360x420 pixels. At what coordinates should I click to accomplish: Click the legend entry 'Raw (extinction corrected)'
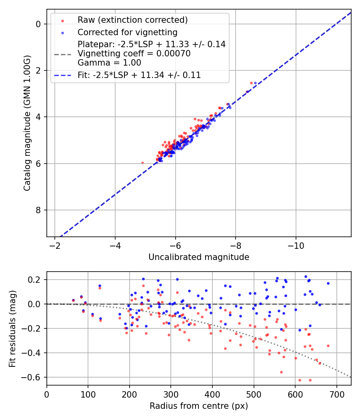tap(132, 20)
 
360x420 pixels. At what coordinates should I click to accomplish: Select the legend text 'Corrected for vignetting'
tap(128, 32)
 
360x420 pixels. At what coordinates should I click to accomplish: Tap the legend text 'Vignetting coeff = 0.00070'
tap(134, 53)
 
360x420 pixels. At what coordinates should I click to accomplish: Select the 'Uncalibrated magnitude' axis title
tap(199, 257)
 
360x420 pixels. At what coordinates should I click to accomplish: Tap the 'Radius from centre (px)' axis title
tap(199, 406)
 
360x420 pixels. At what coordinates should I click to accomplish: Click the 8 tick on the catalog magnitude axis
tap(39, 210)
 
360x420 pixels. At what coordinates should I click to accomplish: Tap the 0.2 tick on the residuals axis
tap(36, 279)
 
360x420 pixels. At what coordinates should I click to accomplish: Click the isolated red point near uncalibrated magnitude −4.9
tap(142, 163)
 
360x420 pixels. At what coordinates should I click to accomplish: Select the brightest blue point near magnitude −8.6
tap(255, 83)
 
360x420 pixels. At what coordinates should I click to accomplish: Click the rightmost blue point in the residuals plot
tap(328, 283)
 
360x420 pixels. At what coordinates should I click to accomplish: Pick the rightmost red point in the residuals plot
tap(328, 346)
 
